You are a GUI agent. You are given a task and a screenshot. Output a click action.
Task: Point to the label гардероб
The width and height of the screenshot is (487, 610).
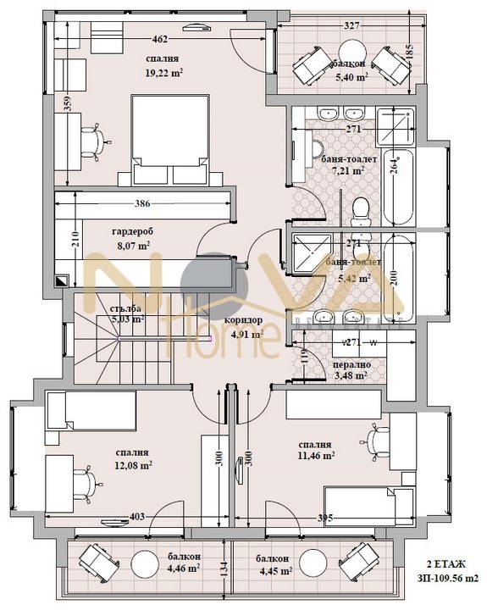coord(131,230)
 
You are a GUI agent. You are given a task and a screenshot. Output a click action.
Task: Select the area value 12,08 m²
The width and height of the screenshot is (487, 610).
coord(134,465)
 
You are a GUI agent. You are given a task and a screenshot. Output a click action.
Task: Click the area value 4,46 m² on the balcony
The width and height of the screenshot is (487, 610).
coord(184,568)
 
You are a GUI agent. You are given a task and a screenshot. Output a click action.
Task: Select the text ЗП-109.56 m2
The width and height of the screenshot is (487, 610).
coord(447,579)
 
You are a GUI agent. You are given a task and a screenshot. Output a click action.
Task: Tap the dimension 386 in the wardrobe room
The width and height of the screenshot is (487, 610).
coord(147,204)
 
